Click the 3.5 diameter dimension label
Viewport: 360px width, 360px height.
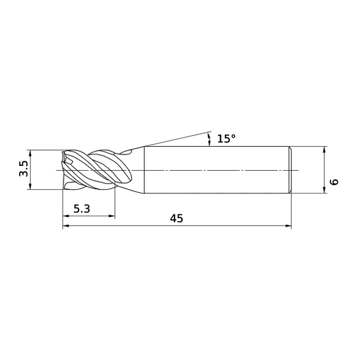23,169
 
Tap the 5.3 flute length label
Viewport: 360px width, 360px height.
82,209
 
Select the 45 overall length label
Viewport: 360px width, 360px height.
176,218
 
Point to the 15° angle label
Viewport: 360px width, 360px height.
226,139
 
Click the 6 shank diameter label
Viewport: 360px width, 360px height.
334,182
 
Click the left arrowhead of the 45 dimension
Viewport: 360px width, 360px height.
66,226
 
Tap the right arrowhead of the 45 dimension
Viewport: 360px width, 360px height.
288,226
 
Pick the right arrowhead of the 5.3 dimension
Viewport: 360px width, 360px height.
112,216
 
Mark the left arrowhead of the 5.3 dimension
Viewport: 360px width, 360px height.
66,216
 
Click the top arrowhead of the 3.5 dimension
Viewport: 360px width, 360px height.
30,153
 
